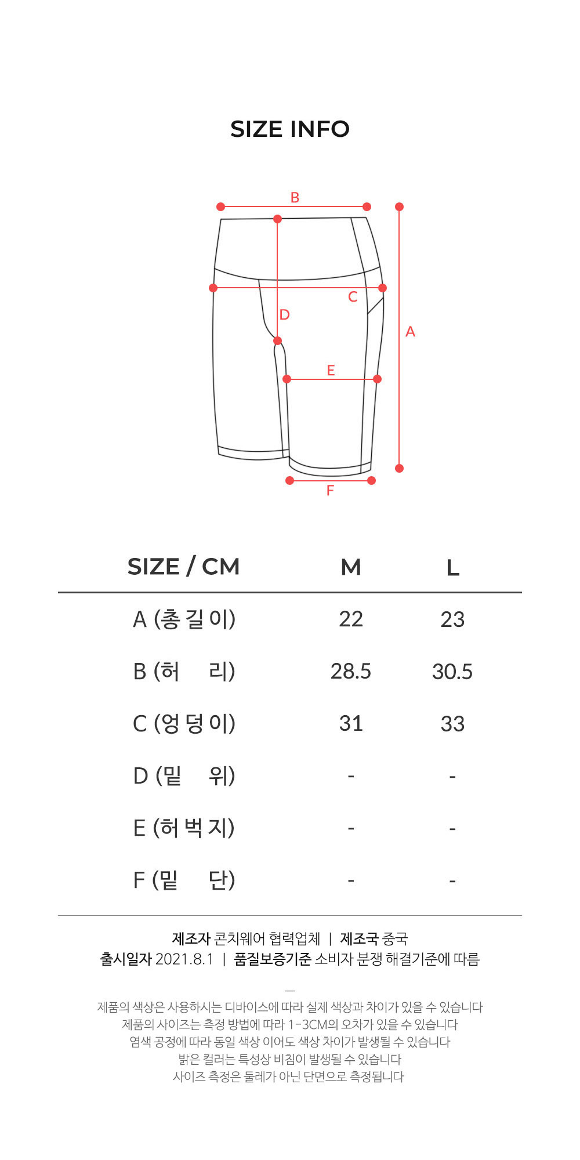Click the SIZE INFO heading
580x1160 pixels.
pos(290,129)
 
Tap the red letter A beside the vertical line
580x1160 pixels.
pos(410,332)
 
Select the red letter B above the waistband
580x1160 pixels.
pos(295,197)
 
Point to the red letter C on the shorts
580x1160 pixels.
pos(353,297)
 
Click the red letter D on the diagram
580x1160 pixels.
pos(284,314)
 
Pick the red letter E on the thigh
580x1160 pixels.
pos(331,370)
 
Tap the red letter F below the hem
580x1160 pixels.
pos(330,490)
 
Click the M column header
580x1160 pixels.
pos(351,567)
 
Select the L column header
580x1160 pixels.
pos(453,567)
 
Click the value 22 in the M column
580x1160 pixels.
pos(351,619)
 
